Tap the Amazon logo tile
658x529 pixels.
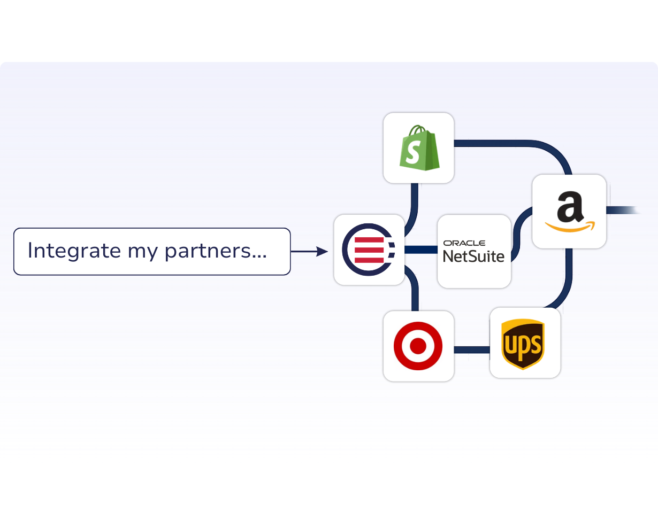pos(569,212)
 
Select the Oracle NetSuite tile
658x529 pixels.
pos(474,251)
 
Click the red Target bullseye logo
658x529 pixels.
pos(418,346)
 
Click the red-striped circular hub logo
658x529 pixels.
pos(369,250)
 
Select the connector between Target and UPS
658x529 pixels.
pos(472,350)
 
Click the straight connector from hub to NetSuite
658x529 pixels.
pos(421,250)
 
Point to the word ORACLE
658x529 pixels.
pos(464,243)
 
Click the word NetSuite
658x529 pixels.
pos(474,256)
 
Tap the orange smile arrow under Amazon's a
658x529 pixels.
pos(570,228)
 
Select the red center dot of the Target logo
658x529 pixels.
pos(418,346)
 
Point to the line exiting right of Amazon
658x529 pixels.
pos(623,210)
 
